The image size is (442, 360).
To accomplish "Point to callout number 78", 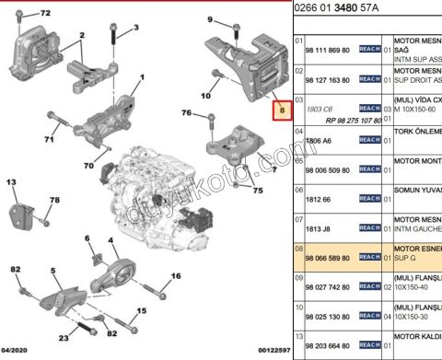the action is pos(54,200).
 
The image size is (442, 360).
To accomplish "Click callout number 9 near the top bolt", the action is pos(210,19).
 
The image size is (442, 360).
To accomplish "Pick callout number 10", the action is pos(204,94).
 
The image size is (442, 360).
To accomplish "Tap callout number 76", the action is pos(186,113).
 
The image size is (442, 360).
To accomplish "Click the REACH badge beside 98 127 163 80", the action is pos(369,80).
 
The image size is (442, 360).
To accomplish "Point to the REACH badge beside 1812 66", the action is pos(369,198).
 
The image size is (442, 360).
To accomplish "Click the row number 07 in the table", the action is pos(298,221).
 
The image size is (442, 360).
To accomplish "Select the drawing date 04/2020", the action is pos(17,352).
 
